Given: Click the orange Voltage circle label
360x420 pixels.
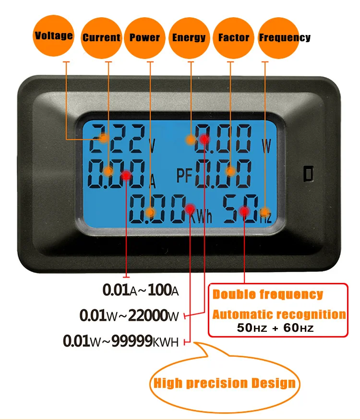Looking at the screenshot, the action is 53,35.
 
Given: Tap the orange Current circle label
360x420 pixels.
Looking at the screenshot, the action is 101,38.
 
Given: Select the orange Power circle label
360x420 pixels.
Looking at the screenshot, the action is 145,38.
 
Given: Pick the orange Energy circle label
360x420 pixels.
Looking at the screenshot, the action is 189,38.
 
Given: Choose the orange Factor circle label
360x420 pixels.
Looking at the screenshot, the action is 233,38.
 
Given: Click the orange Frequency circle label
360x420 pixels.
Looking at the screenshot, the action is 279,38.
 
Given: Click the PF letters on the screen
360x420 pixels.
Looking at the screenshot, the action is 184,175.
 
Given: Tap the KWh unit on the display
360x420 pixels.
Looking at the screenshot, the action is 201,216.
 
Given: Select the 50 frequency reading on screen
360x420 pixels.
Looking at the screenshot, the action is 240,209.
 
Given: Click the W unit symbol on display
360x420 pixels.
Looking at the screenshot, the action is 266,146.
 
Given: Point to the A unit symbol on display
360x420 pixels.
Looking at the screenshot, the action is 152,181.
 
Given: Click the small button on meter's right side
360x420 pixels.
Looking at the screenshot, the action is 309,174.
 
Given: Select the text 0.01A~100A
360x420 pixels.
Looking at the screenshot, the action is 141,290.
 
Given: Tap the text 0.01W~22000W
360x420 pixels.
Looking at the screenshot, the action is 129,315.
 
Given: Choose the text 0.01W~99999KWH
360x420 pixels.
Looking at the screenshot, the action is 120,341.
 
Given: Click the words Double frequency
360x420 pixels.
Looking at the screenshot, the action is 268,294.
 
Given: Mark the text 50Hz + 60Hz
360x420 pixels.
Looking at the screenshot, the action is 275,328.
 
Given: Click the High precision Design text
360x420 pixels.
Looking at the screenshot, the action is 224,383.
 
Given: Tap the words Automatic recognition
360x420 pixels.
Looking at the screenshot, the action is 279,315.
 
